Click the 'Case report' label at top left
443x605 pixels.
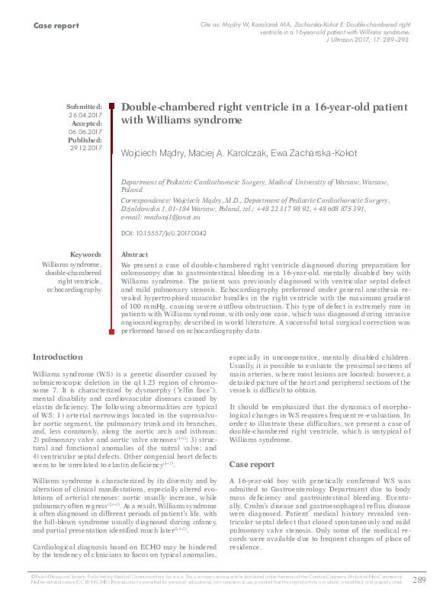[x=56, y=26]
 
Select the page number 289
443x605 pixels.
[x=419, y=581]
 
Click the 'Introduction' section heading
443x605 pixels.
[x=58, y=357]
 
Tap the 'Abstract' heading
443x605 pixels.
[x=135, y=254]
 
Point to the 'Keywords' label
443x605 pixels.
[x=85, y=254]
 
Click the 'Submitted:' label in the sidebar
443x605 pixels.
[x=84, y=107]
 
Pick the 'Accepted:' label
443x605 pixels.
[x=86, y=123]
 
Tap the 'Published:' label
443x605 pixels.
[x=85, y=140]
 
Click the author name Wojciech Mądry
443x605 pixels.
[x=153, y=153]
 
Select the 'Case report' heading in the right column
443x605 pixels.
[x=252, y=463]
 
